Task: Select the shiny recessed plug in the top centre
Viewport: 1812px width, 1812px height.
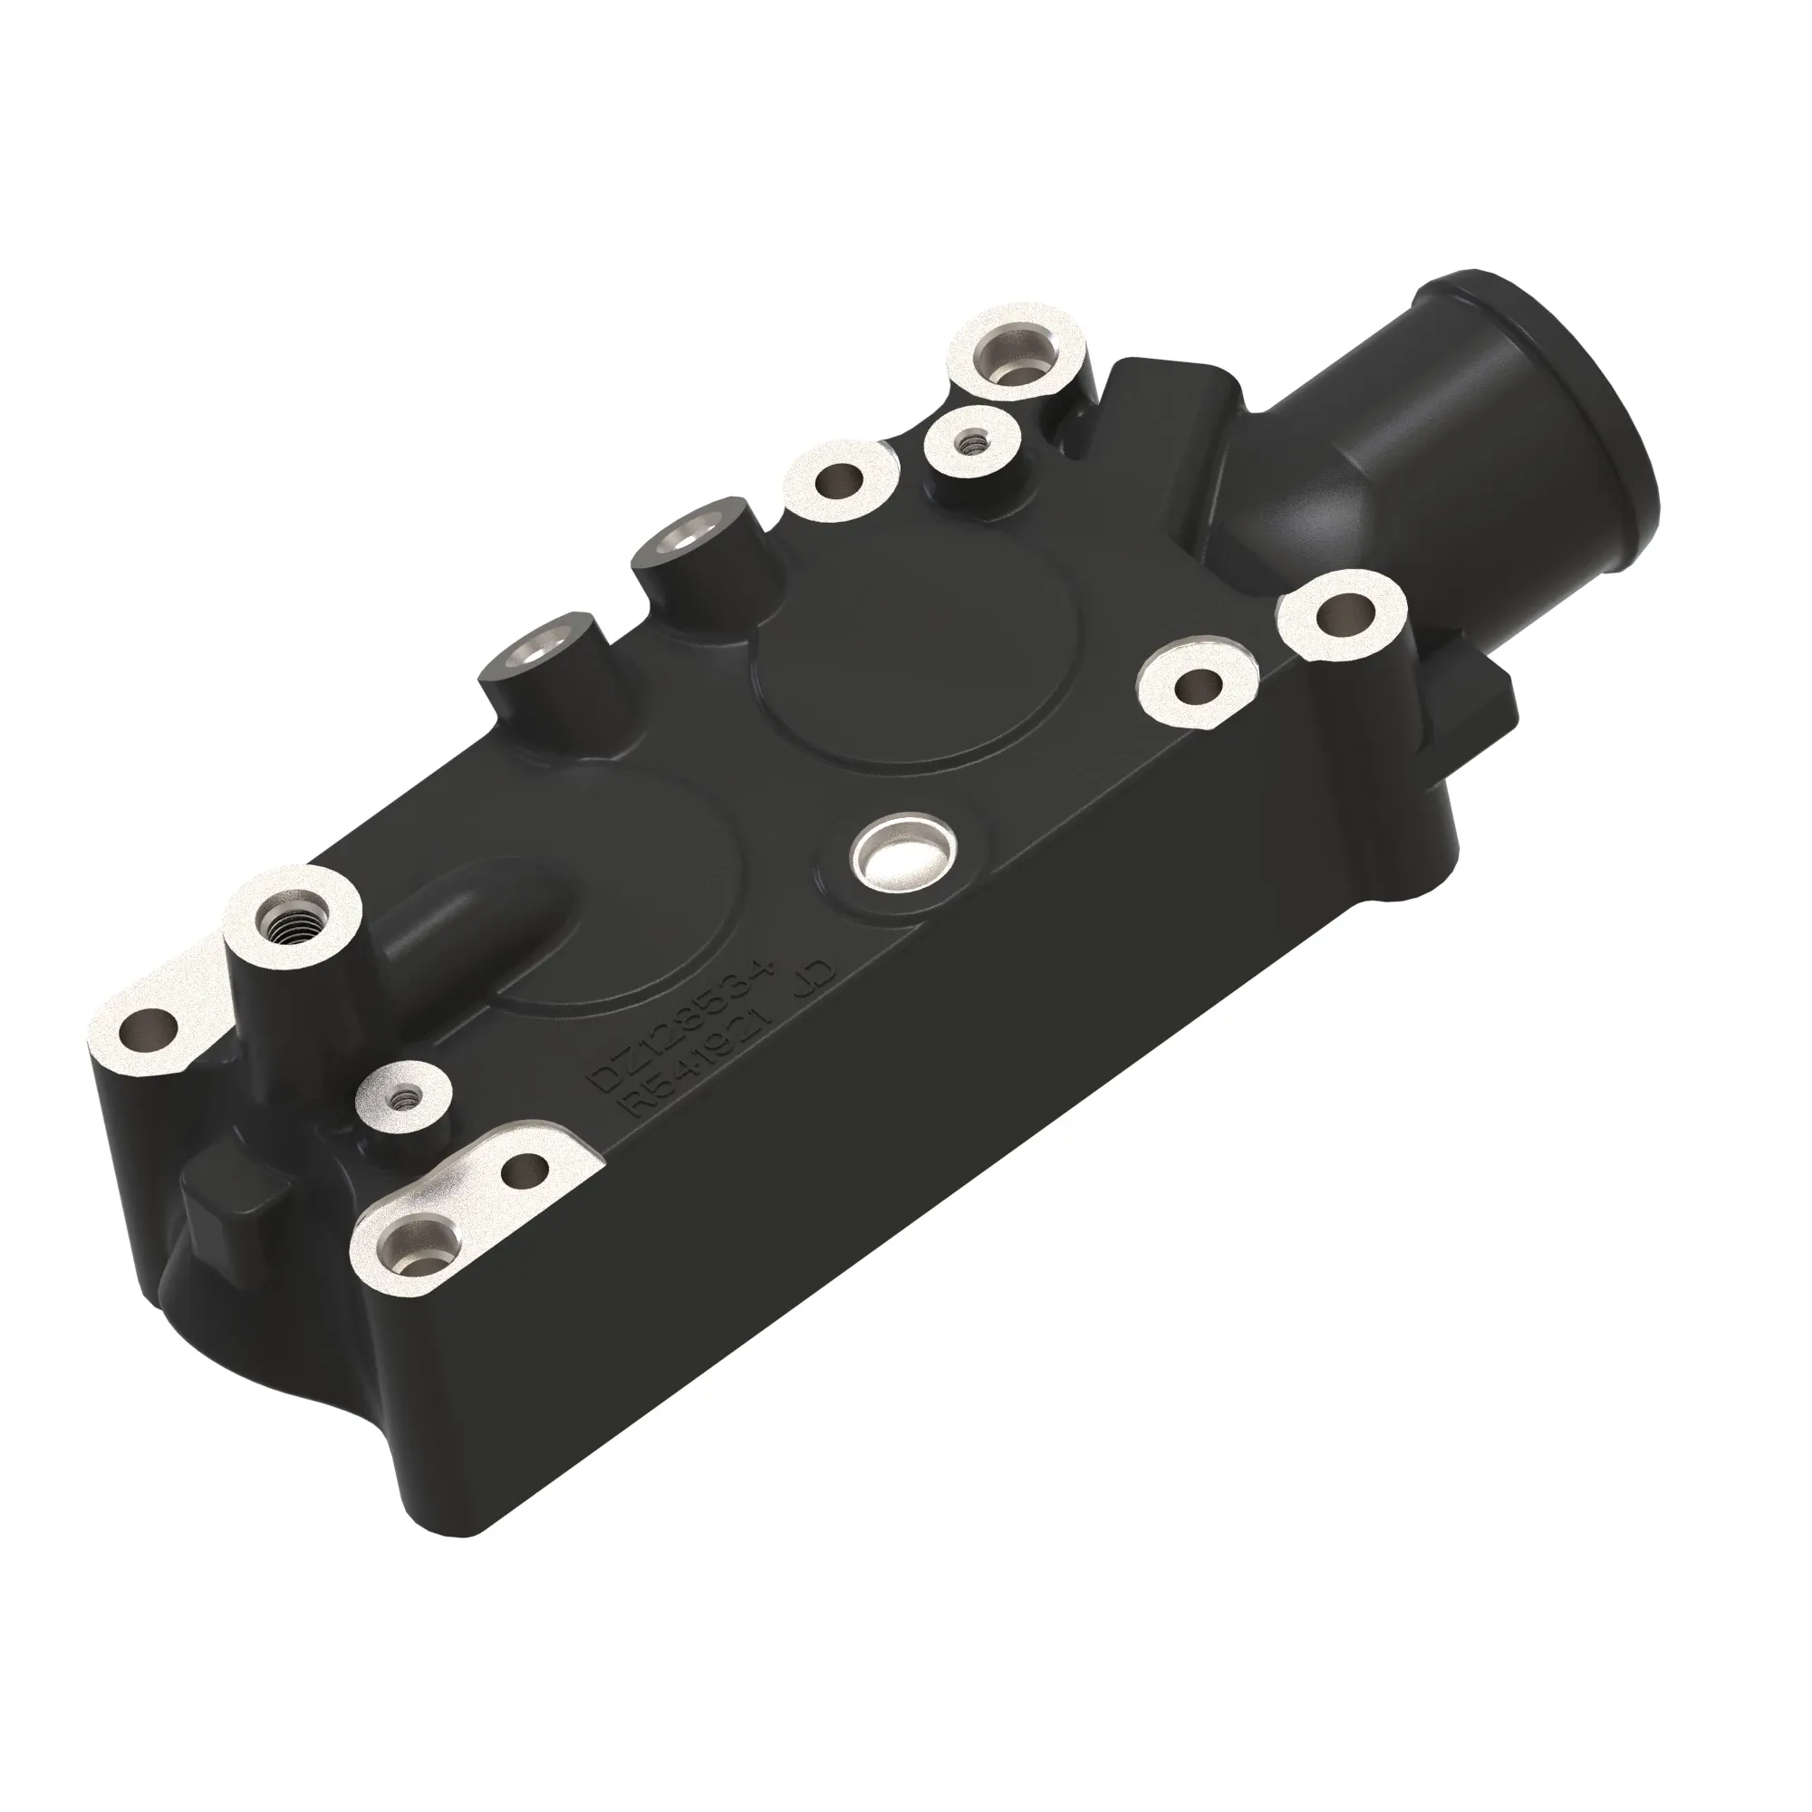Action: tap(901, 853)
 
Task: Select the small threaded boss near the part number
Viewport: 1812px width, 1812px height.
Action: tap(406, 1096)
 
